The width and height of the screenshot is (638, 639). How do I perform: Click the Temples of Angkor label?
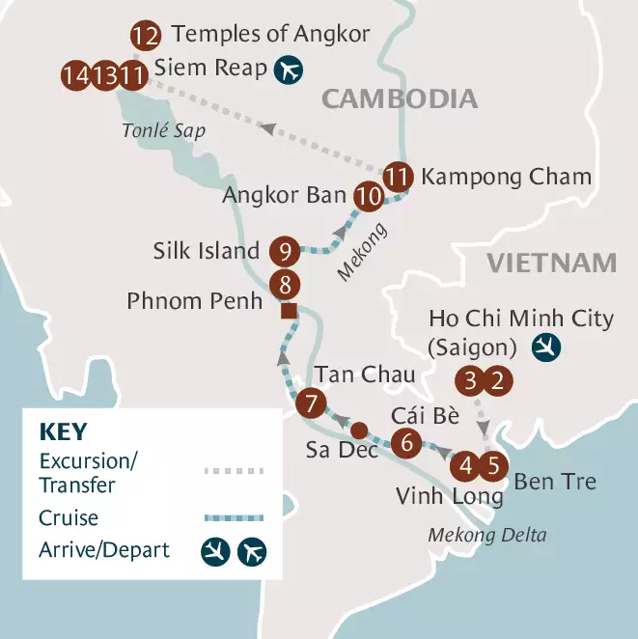[x=270, y=36]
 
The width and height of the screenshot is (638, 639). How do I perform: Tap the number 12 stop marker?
[x=145, y=38]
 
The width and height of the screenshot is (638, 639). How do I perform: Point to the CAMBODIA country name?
[x=400, y=98]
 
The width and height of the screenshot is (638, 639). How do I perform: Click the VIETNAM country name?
[x=551, y=263]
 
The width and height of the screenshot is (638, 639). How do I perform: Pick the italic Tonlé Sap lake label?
[x=163, y=131]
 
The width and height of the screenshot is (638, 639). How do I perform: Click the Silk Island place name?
[x=206, y=251]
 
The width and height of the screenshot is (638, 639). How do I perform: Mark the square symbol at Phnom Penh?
[x=288, y=311]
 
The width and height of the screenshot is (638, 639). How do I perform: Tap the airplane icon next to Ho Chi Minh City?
[x=546, y=345]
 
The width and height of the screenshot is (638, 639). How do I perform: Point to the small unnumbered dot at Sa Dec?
[x=357, y=430]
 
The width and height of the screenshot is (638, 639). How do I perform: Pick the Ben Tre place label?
[x=555, y=480]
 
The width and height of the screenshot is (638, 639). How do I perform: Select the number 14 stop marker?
[x=75, y=74]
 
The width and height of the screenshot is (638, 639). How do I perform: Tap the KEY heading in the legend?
[x=64, y=431]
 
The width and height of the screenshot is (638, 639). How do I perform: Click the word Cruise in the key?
[x=69, y=518]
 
